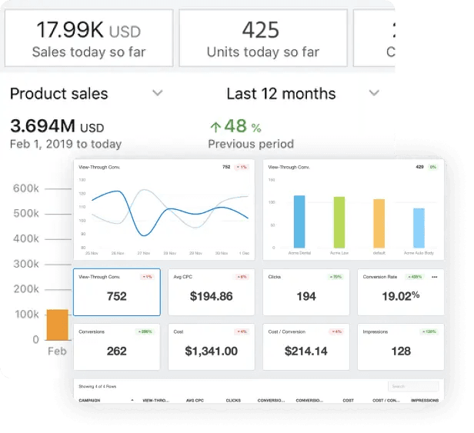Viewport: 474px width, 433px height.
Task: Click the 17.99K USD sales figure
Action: coord(88,31)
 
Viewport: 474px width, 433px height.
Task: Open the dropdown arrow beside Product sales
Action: coord(158,93)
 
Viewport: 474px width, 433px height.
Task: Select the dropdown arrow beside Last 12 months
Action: coord(374,93)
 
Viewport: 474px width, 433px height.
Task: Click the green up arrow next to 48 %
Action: coord(215,126)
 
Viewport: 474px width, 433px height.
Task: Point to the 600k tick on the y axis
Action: coord(26,188)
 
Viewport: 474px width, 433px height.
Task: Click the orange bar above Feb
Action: coord(58,324)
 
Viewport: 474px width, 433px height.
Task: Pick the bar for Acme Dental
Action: coord(299,221)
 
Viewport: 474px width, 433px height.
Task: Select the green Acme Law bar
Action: coord(339,221)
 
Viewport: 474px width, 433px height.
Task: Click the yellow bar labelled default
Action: coord(379,223)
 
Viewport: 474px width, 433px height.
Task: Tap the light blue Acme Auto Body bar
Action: coord(419,228)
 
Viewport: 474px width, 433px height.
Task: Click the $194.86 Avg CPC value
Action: coord(211,296)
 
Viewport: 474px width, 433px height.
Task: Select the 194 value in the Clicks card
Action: coord(305,296)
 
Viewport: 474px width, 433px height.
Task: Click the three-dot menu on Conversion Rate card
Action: coord(434,276)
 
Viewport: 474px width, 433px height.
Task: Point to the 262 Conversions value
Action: coord(116,351)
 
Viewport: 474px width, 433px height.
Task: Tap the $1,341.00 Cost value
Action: coord(211,351)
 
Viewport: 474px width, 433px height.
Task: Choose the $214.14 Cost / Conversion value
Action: coord(305,351)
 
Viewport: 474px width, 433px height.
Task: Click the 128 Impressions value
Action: coord(400,351)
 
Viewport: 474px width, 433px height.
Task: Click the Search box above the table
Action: coord(413,386)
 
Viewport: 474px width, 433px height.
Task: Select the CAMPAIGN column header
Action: coord(91,400)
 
